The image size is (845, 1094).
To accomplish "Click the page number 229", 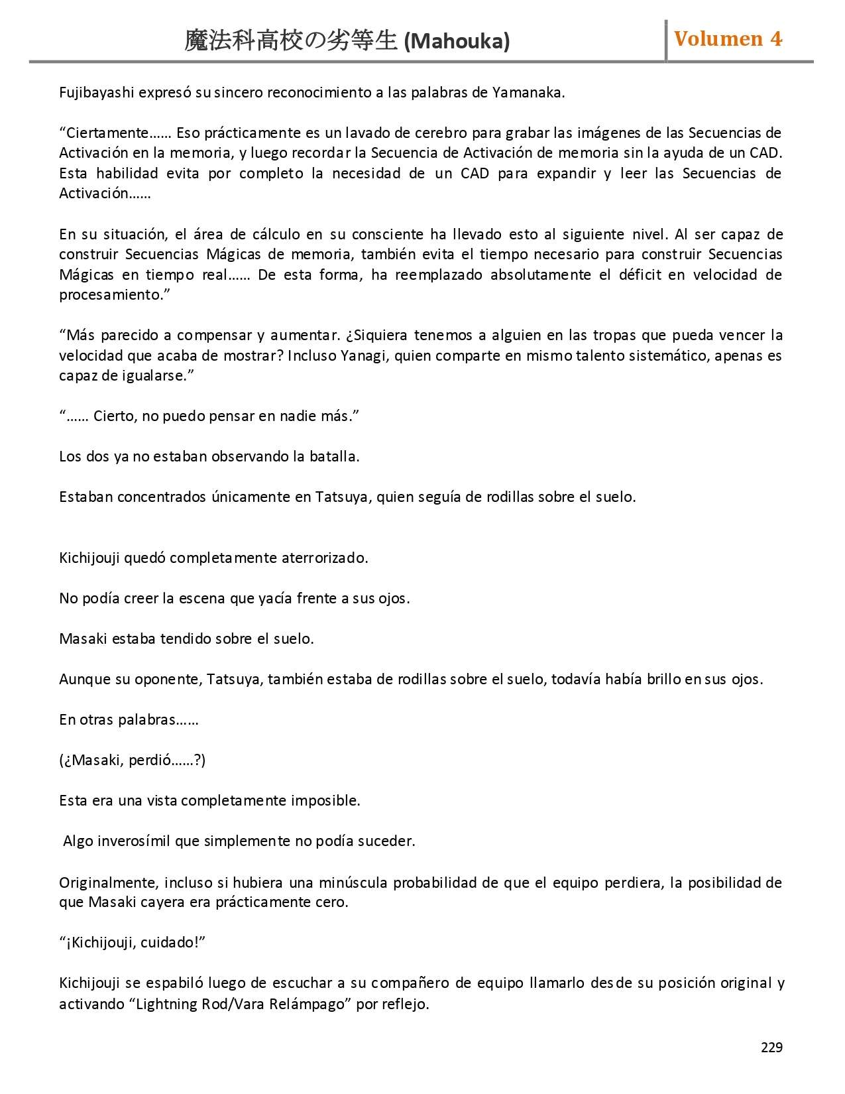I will [771, 1048].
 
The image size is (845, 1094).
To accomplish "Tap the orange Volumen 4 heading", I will [728, 39].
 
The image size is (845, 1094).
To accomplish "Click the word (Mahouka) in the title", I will [457, 42].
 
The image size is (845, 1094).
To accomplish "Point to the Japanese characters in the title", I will [292, 42].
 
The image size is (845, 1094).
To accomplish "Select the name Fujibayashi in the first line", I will [96, 93].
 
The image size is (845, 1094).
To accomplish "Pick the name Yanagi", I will [364, 356].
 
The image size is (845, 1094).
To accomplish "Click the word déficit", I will [640, 275].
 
